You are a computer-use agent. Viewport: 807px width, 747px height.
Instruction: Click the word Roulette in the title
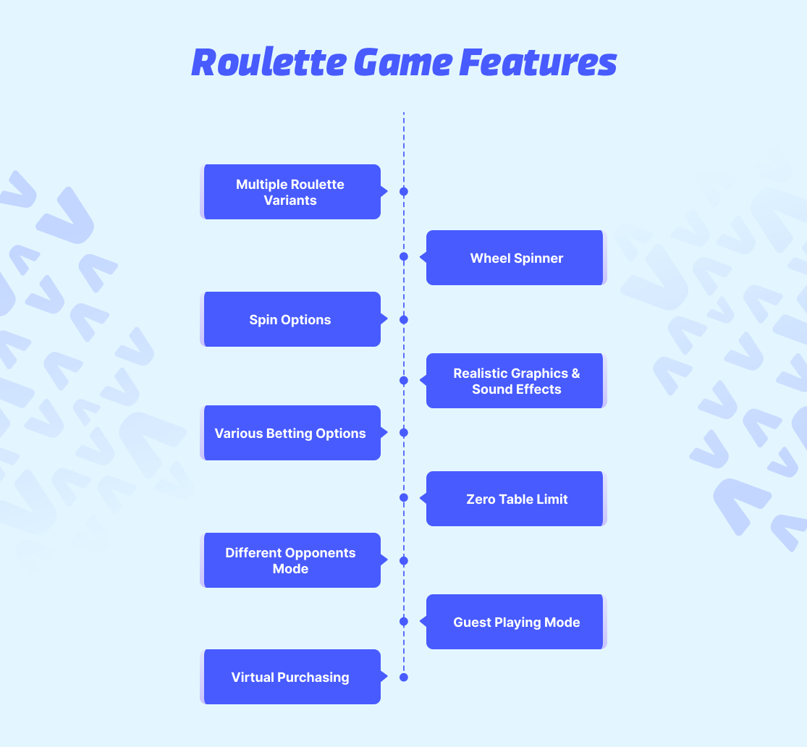[269, 63]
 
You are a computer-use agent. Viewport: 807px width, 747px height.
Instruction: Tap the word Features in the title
[538, 63]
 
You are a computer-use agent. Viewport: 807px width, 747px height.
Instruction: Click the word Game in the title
[403, 63]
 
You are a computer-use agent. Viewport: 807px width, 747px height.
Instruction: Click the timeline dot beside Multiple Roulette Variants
[404, 192]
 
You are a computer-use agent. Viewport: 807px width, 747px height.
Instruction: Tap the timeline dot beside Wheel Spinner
[404, 256]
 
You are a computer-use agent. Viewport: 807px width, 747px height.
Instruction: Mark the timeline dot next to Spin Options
[404, 320]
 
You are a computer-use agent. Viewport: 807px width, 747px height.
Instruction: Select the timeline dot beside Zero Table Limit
[404, 497]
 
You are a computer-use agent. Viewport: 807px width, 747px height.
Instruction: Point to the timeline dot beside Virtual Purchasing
[404, 678]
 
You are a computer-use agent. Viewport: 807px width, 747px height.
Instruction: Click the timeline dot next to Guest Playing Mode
[404, 621]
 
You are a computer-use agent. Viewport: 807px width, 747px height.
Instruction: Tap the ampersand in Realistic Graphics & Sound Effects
[575, 373]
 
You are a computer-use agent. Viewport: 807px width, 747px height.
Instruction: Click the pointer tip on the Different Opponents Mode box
[387, 560]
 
